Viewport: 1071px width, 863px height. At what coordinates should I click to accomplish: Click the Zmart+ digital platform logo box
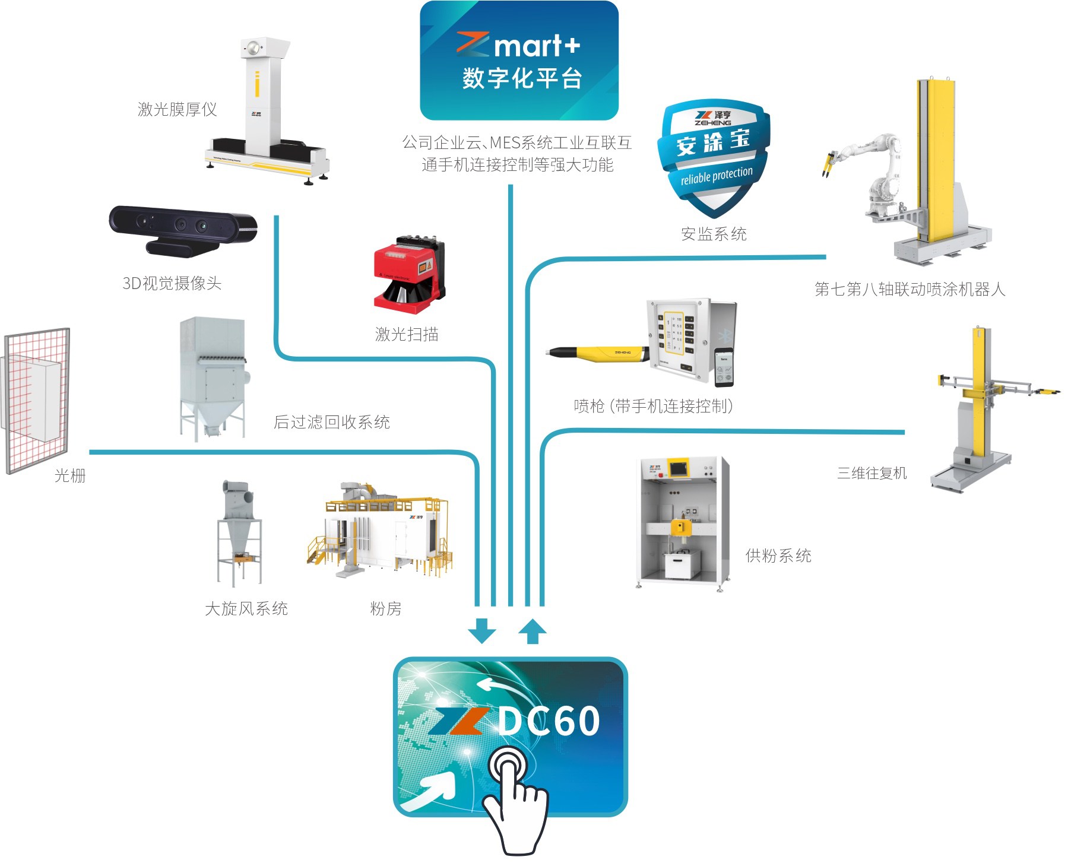(519, 61)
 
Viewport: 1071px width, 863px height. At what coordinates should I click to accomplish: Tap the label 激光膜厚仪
(177, 109)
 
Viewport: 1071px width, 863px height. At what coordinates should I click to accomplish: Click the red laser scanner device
(408, 274)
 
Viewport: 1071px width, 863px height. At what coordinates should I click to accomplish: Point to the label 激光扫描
(407, 334)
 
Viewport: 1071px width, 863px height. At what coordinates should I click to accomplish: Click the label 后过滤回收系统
(331, 422)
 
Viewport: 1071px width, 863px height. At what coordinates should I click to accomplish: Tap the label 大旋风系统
(246, 608)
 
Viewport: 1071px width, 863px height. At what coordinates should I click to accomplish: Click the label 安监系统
(714, 234)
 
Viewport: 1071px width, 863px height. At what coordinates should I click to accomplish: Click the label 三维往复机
(872, 473)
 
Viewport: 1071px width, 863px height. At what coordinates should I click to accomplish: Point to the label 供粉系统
(778, 556)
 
